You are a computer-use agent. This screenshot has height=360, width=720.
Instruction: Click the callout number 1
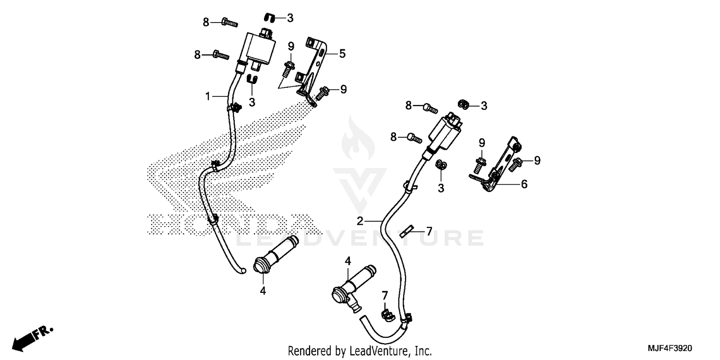208,96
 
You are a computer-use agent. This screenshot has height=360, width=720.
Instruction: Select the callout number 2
360,221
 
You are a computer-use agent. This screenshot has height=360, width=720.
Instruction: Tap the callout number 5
342,53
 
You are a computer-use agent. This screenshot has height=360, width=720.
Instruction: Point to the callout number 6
524,184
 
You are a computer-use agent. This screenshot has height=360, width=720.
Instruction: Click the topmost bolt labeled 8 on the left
229,22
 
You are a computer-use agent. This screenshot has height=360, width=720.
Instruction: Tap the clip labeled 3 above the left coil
270,18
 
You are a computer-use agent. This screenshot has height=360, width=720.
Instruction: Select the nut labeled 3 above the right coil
463,104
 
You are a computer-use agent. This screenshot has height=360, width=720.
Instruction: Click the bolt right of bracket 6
516,163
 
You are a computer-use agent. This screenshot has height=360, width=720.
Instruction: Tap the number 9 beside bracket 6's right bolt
537,160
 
